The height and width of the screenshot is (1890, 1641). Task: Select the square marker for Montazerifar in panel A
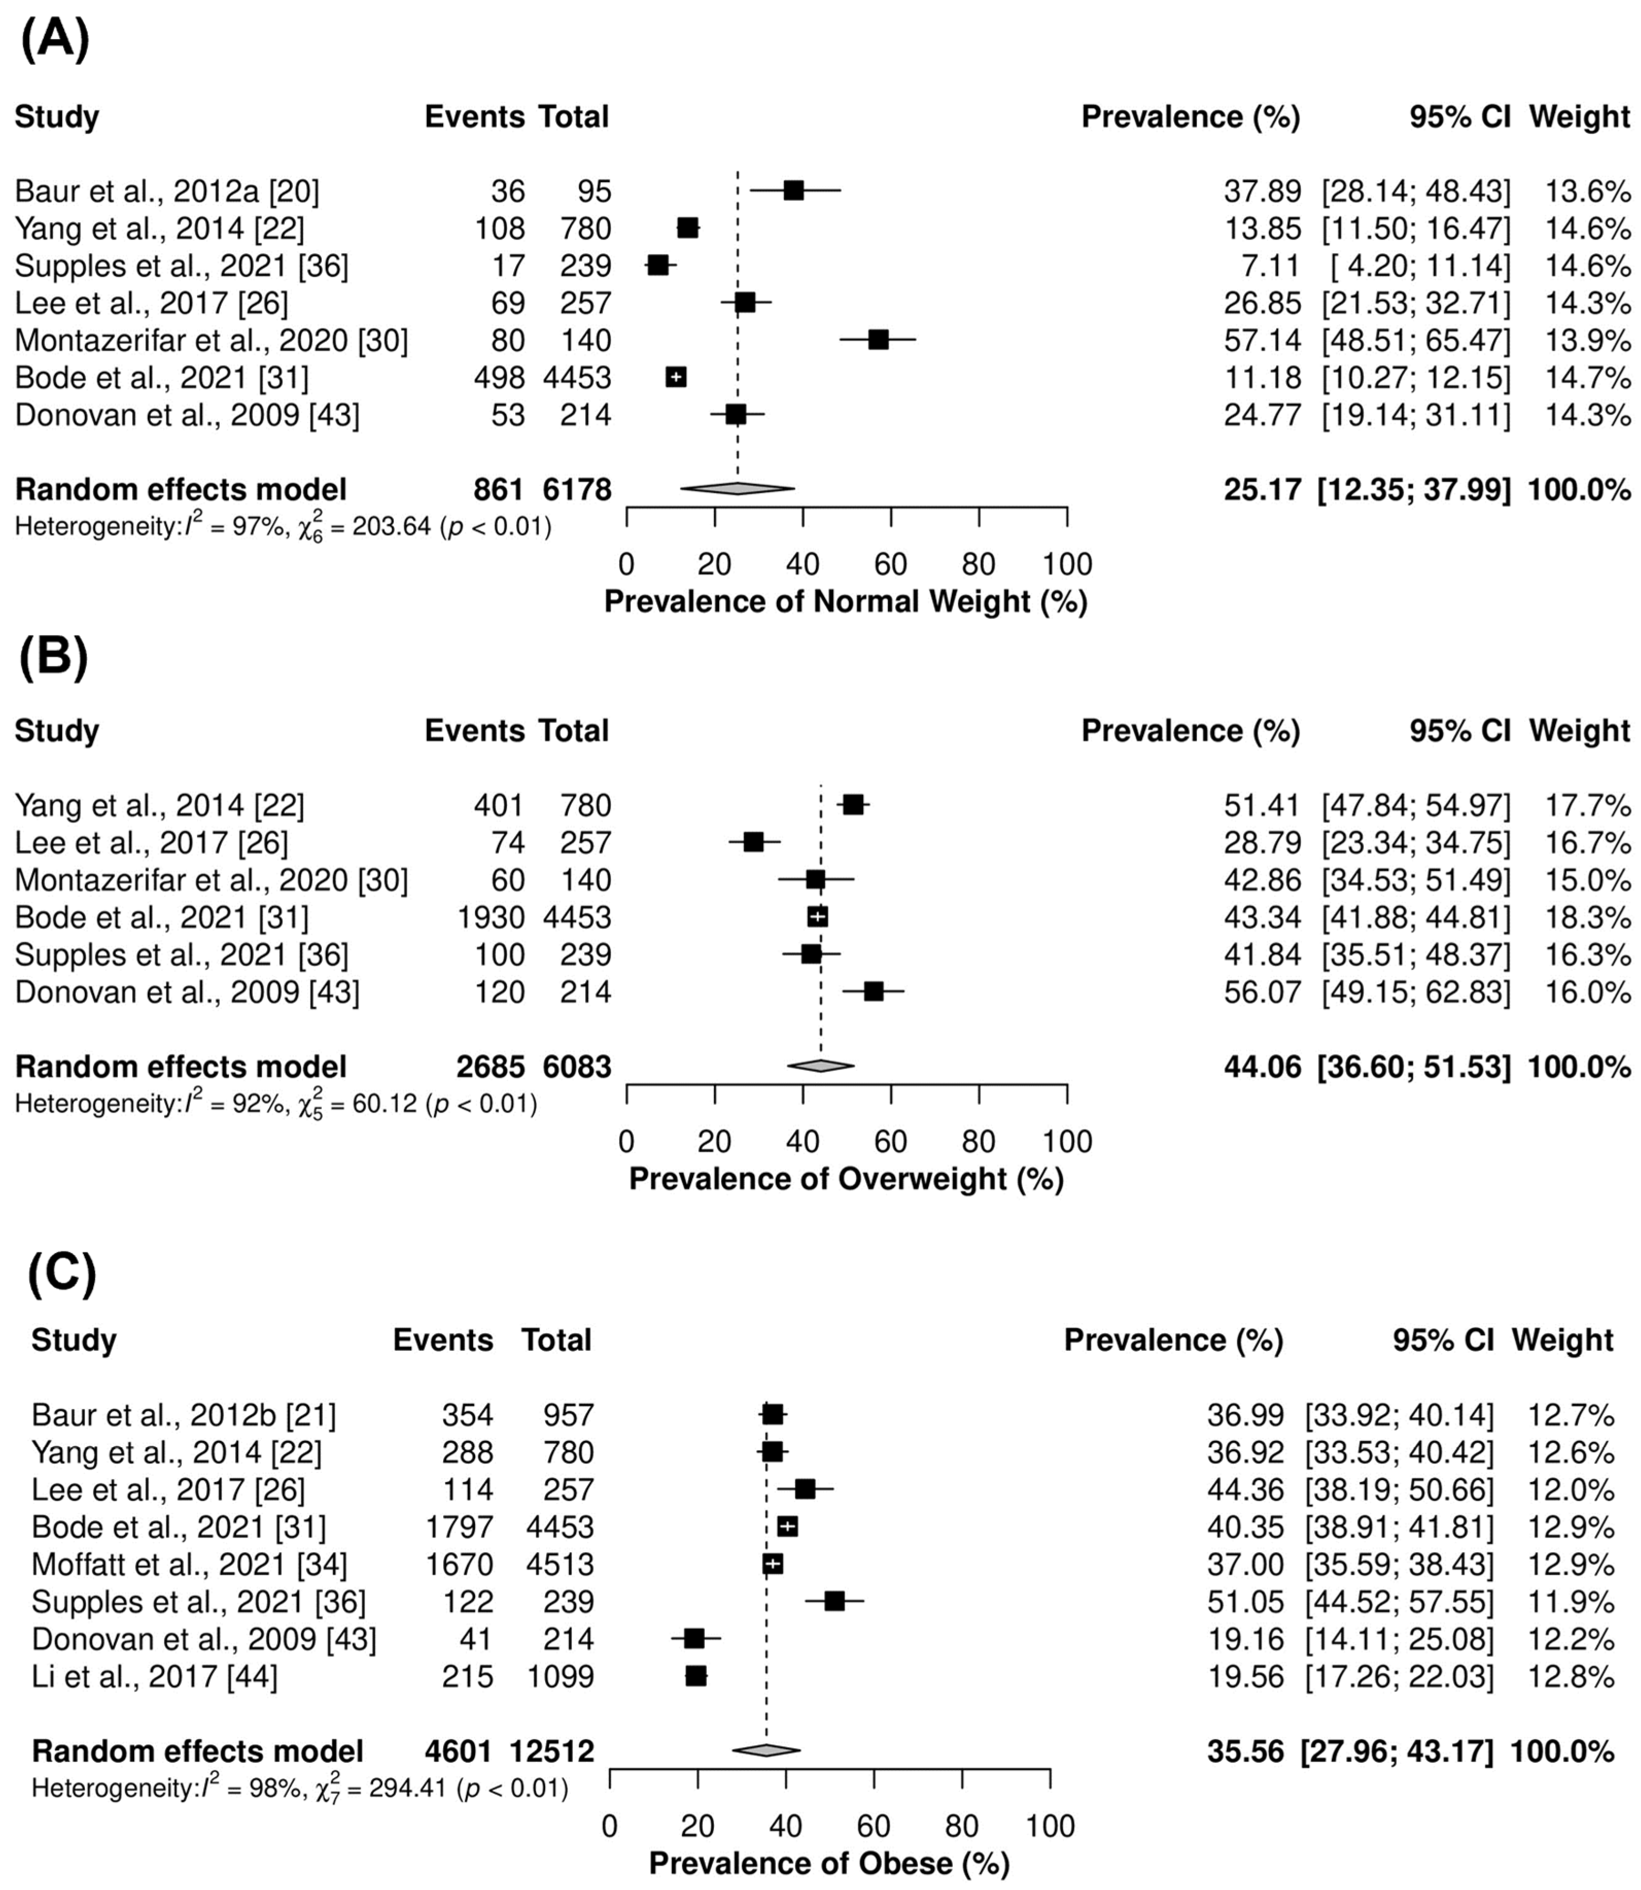pyautogui.click(x=878, y=340)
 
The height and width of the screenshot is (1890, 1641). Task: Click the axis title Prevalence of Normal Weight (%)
pyautogui.click(x=845, y=602)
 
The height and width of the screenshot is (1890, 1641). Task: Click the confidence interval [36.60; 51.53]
pyautogui.click(x=1414, y=1067)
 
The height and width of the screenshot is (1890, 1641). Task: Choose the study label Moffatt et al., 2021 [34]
pyautogui.click(x=189, y=1564)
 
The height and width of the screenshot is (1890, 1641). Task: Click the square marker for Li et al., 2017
pyautogui.click(x=696, y=1677)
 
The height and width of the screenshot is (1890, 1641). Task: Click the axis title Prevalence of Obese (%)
pyautogui.click(x=829, y=1863)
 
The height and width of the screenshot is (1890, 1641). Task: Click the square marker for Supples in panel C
pyautogui.click(x=834, y=1602)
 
